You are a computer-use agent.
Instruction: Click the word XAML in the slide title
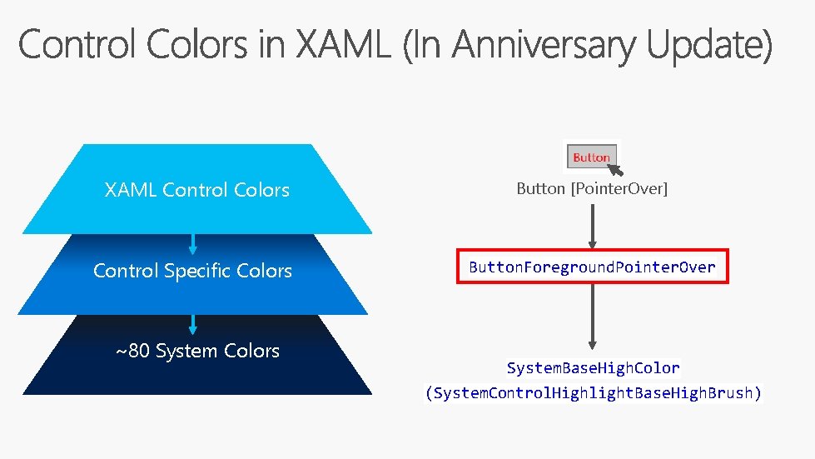(342, 45)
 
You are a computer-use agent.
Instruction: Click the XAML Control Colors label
(197, 190)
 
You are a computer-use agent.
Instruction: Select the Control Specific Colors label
(192, 271)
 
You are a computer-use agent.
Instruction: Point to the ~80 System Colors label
(197, 351)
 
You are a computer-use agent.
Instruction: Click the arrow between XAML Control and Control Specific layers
(193, 243)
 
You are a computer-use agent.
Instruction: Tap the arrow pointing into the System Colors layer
(193, 324)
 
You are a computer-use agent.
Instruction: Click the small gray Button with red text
(590, 157)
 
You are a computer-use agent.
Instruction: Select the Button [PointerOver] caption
(592, 189)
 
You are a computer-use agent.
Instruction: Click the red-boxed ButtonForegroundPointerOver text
(592, 267)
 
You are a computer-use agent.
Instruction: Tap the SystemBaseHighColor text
(593, 367)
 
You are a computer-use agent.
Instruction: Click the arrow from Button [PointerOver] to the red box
(592, 225)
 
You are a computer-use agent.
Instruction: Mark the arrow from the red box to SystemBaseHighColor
(592, 317)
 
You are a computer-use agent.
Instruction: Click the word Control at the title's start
(72, 45)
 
